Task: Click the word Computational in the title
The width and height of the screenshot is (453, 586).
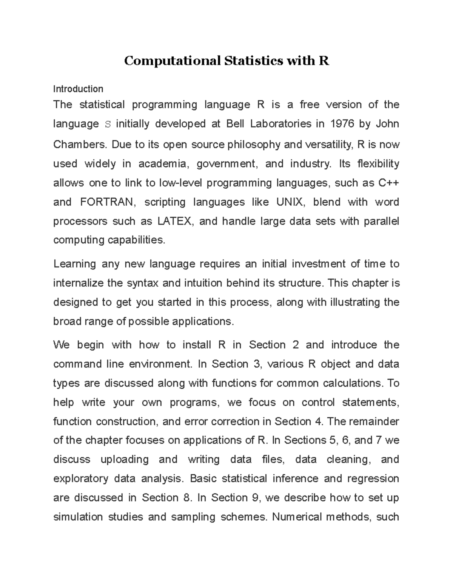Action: (x=172, y=61)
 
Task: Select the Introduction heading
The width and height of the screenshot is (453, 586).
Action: (x=78, y=89)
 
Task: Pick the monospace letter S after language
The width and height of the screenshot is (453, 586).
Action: (x=108, y=124)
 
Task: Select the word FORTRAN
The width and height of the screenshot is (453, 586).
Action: (x=107, y=202)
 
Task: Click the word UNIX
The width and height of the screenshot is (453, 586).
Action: (x=290, y=202)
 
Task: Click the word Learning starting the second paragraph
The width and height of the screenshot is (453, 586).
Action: (x=75, y=264)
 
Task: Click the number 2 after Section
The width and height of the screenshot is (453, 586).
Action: (x=295, y=345)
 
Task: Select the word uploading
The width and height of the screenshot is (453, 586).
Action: (x=125, y=460)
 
